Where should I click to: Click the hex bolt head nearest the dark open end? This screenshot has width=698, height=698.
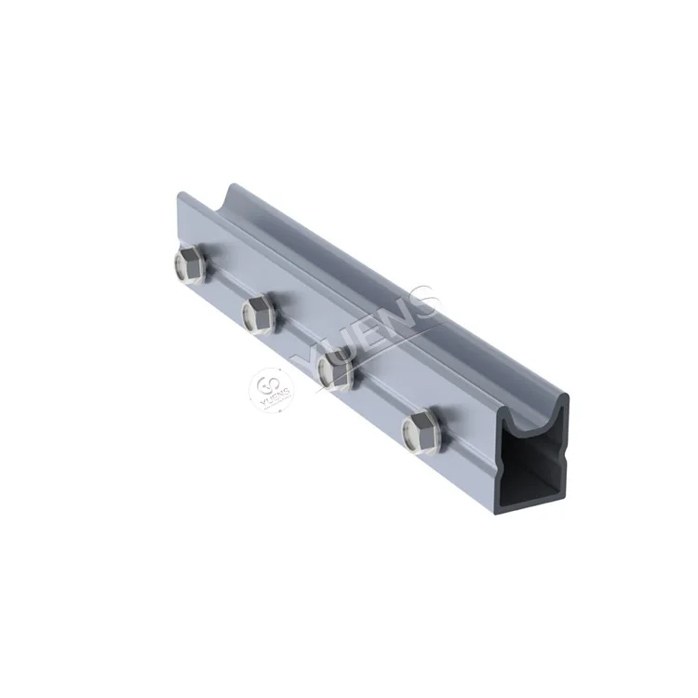point(421,432)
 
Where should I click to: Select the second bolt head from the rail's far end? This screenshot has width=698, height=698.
point(260,313)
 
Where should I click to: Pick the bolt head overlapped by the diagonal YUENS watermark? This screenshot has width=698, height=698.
point(336,369)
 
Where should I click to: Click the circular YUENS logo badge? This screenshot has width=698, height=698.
point(271,390)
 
